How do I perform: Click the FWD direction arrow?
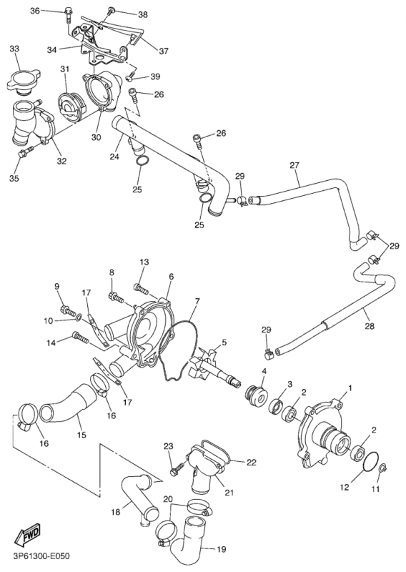tap(28, 535)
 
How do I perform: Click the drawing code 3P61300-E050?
tap(41, 556)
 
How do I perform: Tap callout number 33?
tap(15, 49)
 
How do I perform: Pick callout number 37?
tap(164, 51)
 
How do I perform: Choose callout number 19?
tap(222, 549)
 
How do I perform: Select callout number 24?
tap(114, 157)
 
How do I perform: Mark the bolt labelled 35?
tap(25, 152)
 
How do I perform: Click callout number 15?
tap(81, 435)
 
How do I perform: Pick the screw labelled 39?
tap(131, 77)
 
